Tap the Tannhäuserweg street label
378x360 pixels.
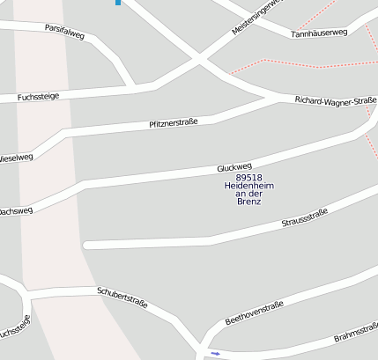319,33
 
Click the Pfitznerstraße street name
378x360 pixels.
174,123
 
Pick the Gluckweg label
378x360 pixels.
234,165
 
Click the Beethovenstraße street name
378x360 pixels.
254,310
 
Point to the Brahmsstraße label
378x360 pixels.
355,339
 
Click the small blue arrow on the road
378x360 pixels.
215,353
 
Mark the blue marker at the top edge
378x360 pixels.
118,3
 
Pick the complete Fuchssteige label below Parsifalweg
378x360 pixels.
38,96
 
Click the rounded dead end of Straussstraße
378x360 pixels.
86,245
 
